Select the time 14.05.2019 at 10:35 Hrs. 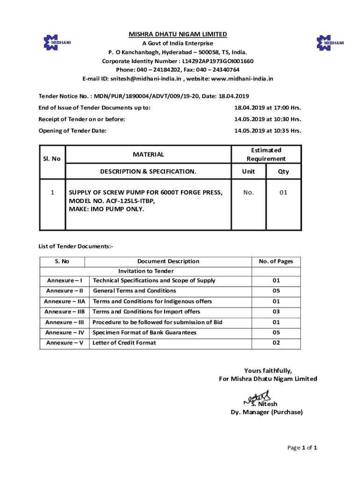point(267,131)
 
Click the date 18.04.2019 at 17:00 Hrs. point(267,108)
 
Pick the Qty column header point(283,172)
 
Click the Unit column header point(248,172)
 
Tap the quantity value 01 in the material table point(283,192)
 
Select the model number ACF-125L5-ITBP point(112,201)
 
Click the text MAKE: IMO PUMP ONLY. point(107,209)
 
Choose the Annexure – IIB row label point(65,312)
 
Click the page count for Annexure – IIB point(276,312)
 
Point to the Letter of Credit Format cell point(124,343)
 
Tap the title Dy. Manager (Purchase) point(266,412)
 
